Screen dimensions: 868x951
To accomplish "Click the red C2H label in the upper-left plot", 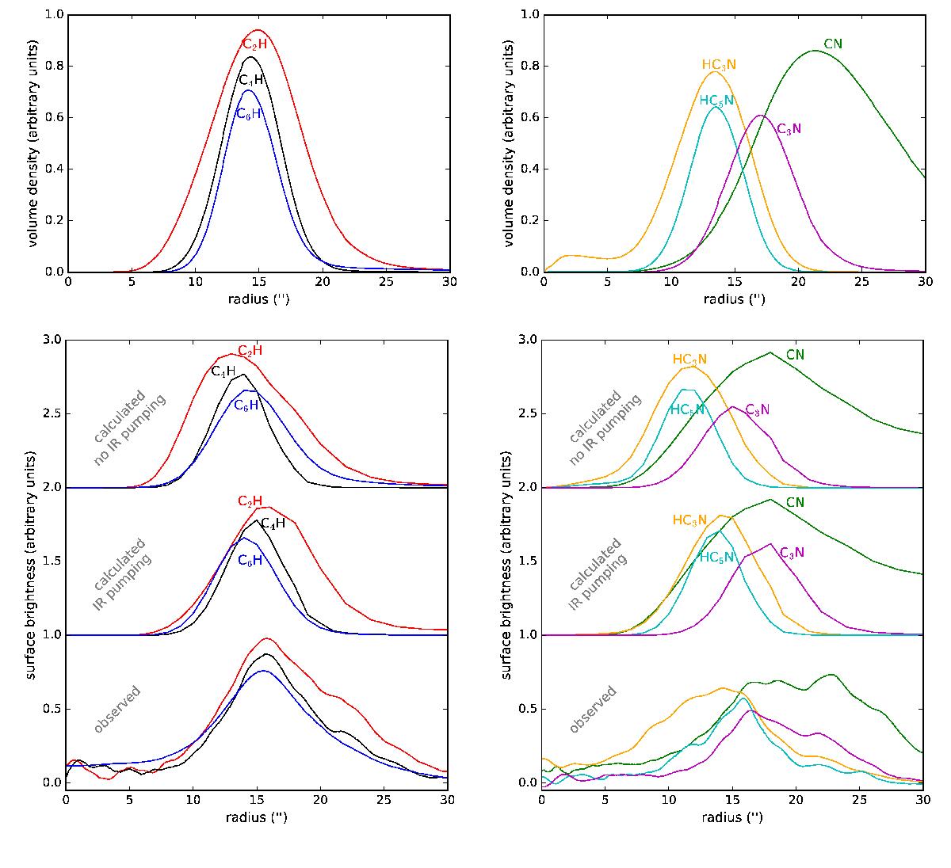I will click(254, 45).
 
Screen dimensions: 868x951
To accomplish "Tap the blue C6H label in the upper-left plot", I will click(248, 113).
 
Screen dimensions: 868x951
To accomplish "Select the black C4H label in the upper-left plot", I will click(250, 80).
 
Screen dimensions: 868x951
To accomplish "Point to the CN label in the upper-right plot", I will click(833, 44).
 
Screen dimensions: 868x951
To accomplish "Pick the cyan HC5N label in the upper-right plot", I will click(716, 101).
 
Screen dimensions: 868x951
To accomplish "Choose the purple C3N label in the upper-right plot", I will click(789, 128).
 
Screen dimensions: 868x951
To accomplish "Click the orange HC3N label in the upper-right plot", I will click(719, 65).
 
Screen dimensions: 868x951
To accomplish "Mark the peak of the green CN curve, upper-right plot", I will click(815, 51).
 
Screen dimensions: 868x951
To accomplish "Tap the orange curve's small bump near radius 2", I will click(567, 256).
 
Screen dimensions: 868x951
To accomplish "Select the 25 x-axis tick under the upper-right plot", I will click(861, 281).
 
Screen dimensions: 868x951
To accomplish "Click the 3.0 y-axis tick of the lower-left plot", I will click(52, 340).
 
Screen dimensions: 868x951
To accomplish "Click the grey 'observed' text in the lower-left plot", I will click(117, 709).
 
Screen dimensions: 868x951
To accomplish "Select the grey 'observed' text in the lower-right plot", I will click(593, 709).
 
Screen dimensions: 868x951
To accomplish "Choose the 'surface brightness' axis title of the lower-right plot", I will click(507, 561).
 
